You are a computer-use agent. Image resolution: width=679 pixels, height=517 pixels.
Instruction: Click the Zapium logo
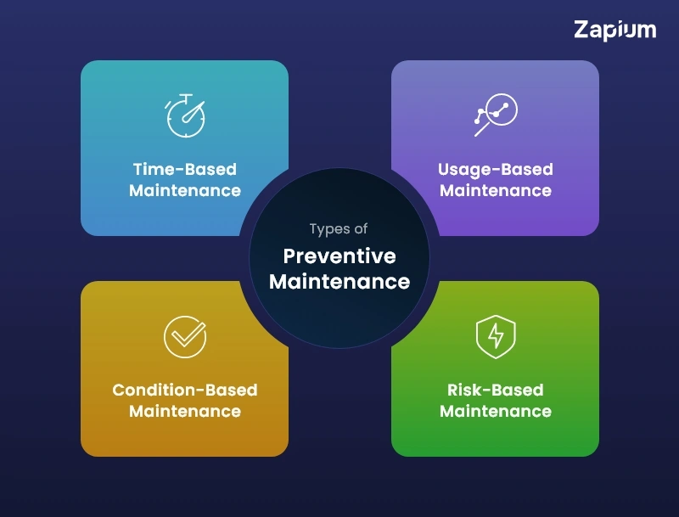pos(614,31)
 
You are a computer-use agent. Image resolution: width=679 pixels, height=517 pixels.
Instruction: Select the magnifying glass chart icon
pos(495,115)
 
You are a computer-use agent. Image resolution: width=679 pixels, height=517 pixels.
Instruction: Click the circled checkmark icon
pos(184,336)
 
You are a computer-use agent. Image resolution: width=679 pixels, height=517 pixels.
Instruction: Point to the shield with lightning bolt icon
pos(495,336)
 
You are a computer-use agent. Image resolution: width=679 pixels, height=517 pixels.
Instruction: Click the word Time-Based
pos(184,169)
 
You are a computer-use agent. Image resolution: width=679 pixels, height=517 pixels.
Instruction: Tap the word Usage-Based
pos(495,169)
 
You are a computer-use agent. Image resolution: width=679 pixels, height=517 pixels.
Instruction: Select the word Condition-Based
pos(184,391)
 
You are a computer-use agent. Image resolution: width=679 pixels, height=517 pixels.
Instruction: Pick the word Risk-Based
pos(495,391)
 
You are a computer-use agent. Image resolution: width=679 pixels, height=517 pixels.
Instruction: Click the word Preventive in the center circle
pos(339,256)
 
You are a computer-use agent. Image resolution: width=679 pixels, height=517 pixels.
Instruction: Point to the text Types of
pos(339,229)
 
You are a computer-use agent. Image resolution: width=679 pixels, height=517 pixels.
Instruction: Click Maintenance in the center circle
pos(339,281)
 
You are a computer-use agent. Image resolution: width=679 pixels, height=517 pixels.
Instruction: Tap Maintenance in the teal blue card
pos(184,190)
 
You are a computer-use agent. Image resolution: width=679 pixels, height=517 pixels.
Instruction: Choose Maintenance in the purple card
pos(495,190)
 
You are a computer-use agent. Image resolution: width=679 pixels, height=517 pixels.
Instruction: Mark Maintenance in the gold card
pos(184,412)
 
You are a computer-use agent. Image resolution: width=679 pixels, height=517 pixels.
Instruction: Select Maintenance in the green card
pos(495,412)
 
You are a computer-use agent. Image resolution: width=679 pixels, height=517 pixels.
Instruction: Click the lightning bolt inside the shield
pos(495,337)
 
